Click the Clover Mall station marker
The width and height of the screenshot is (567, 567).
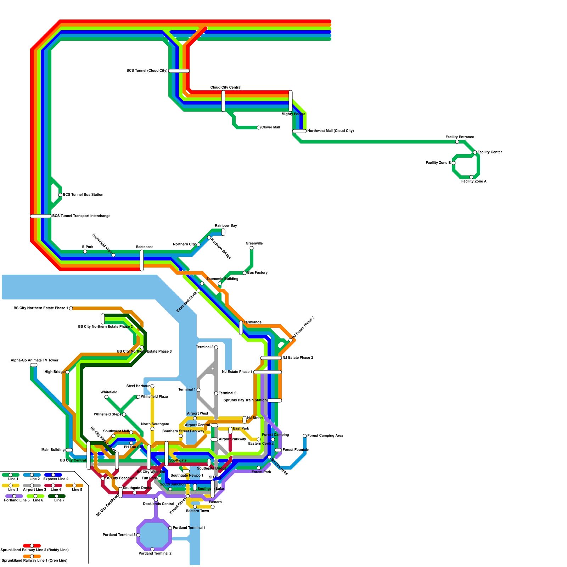pos(259,128)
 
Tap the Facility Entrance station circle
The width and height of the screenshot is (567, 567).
pos(457,142)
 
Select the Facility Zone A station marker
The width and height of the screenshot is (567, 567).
pos(471,177)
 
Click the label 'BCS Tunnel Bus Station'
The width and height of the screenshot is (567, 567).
pos(83,195)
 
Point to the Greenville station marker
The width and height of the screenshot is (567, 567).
pos(252,248)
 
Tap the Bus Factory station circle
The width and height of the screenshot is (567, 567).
pos(245,273)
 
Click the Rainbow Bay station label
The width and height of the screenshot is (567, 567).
pos(226,226)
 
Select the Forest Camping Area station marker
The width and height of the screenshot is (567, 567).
pos(305,436)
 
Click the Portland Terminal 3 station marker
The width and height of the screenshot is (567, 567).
pos(138,535)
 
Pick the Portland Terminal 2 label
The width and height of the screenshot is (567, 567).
pos(155,553)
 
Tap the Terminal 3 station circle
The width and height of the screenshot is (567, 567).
pos(216,347)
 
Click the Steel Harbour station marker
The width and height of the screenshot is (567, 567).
pos(152,386)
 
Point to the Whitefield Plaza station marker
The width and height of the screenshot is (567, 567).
pos(138,397)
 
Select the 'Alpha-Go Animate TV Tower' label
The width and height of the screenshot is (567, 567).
pos(34,360)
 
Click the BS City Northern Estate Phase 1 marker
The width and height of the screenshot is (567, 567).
pos(71,308)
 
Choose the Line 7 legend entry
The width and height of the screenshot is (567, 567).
pos(57,496)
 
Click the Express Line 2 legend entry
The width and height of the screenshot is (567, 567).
pos(53,475)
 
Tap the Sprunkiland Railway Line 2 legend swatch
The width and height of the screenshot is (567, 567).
pos(32,546)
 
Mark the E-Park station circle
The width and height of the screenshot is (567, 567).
pos(85,252)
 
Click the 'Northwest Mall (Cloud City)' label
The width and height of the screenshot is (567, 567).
pos(330,131)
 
